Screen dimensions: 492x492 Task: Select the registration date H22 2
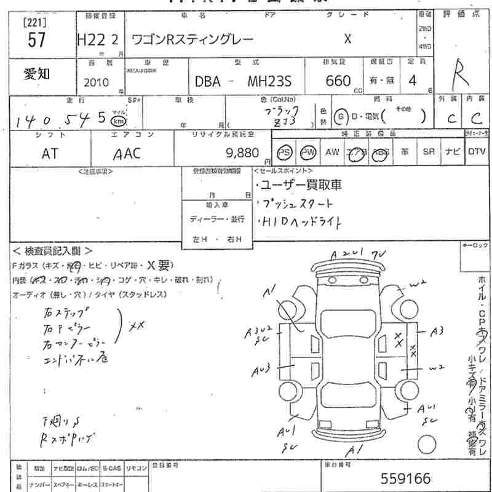click(98, 40)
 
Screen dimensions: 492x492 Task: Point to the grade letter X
click(347, 39)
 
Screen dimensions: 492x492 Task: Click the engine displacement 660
click(338, 81)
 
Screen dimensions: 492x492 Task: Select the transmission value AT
click(50, 154)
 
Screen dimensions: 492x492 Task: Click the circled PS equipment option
click(284, 153)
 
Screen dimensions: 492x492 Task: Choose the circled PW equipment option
click(307, 153)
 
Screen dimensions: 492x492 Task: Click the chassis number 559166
click(406, 478)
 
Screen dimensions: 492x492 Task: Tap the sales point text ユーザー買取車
click(299, 185)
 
